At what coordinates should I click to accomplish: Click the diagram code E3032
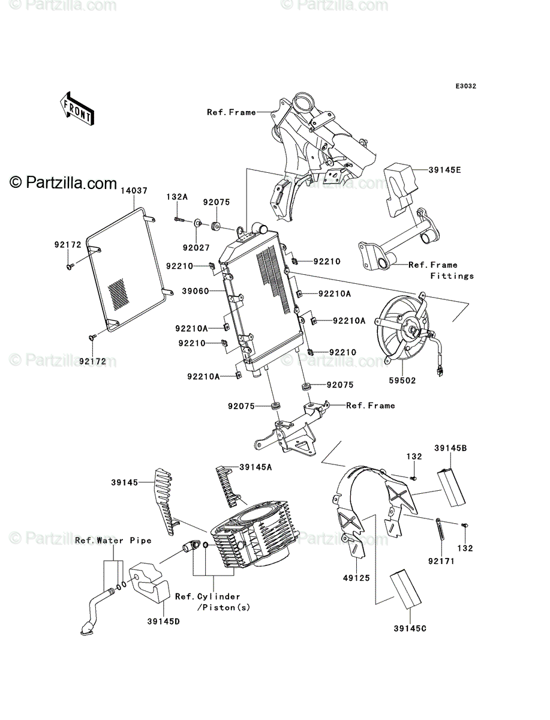click(x=465, y=86)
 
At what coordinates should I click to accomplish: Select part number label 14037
click(x=134, y=190)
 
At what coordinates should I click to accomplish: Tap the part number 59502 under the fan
click(x=402, y=380)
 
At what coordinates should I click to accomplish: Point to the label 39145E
click(x=445, y=170)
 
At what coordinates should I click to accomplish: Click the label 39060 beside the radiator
click(x=196, y=291)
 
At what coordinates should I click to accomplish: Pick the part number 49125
click(x=356, y=578)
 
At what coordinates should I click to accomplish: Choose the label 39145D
click(x=164, y=621)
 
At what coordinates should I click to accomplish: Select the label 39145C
click(x=410, y=628)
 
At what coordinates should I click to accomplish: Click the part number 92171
click(x=441, y=561)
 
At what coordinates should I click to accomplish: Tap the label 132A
click(x=177, y=196)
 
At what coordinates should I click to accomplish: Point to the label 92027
click(x=196, y=248)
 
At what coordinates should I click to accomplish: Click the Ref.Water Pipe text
click(x=113, y=540)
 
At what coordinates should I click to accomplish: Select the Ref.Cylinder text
click(x=208, y=596)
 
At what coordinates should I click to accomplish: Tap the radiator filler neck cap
click(x=260, y=229)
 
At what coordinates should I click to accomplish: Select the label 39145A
click(x=256, y=467)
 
